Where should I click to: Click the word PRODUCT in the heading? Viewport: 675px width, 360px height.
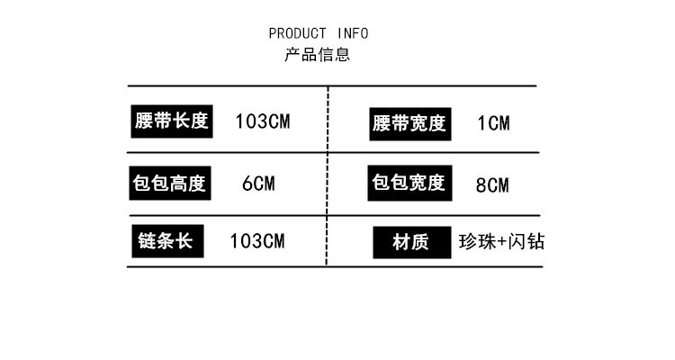click(297, 34)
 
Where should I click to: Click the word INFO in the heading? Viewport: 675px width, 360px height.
click(353, 34)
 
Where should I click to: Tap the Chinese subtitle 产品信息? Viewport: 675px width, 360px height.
click(318, 55)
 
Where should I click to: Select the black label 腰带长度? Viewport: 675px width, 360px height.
click(170, 121)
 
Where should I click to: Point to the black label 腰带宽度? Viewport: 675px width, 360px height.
click(409, 123)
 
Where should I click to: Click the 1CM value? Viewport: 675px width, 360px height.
click(492, 123)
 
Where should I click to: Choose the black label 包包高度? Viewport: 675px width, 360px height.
click(169, 184)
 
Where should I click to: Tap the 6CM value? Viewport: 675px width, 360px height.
click(258, 184)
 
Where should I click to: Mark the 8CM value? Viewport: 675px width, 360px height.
click(491, 185)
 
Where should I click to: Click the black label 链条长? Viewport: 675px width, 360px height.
click(167, 240)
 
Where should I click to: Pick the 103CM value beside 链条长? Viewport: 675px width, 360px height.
click(257, 241)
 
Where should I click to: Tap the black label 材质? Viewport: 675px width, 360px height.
click(410, 242)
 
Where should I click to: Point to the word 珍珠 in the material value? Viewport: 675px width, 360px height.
click(476, 242)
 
